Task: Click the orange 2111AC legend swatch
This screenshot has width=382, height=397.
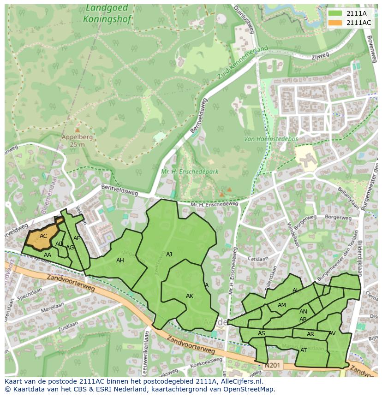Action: (x=335, y=23)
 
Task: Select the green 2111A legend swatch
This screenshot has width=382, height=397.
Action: (x=335, y=13)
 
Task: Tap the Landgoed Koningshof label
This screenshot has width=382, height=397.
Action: (x=107, y=14)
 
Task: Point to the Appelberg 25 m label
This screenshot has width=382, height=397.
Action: (x=78, y=141)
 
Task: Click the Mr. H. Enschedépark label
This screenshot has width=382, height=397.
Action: (x=190, y=172)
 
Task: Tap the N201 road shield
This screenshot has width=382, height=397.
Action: (x=273, y=365)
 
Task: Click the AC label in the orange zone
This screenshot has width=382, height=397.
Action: (x=43, y=236)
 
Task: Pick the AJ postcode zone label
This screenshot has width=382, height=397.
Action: (x=169, y=254)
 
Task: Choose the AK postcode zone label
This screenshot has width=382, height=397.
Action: (x=190, y=296)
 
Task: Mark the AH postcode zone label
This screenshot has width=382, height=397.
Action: (x=120, y=261)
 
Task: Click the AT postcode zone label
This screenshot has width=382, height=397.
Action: (x=304, y=350)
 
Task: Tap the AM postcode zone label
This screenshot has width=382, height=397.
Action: (x=282, y=305)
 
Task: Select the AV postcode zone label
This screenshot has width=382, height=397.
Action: (x=332, y=333)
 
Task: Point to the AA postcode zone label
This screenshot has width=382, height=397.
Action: (x=48, y=255)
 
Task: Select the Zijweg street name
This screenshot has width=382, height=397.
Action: (x=320, y=57)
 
